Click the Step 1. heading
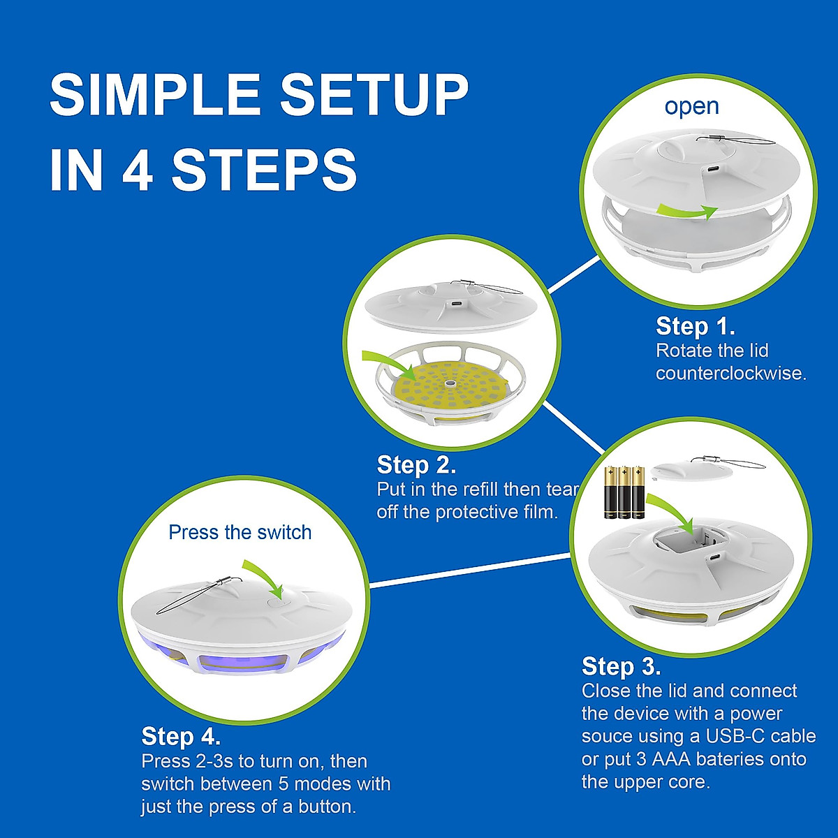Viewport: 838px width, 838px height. [695, 326]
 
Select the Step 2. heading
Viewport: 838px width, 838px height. [416, 464]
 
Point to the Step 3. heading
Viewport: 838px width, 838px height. [621, 666]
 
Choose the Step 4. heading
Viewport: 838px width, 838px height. [181, 736]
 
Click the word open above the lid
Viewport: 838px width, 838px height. [691, 107]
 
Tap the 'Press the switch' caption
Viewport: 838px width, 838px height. [240, 532]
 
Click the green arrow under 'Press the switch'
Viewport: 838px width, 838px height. [264, 577]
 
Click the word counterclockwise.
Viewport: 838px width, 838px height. [730, 373]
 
